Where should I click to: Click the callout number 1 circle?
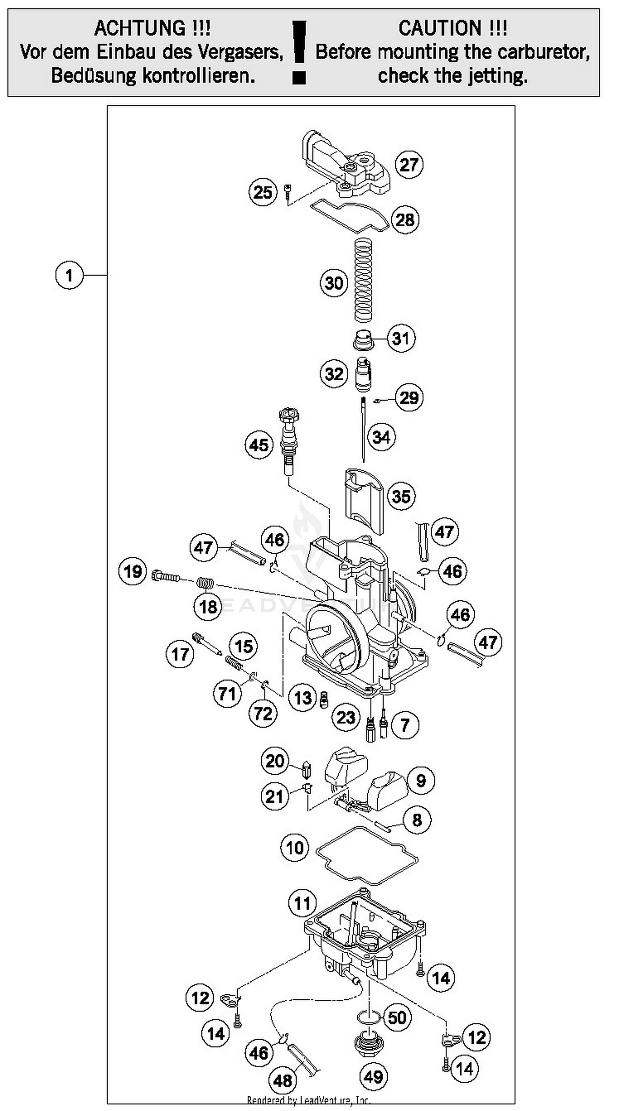coord(69,275)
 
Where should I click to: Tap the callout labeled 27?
coord(409,164)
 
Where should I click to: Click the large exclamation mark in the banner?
coord(299,52)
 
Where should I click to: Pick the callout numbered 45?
coord(259,445)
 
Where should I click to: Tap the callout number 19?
coord(132,571)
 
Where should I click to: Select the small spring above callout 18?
coord(206,583)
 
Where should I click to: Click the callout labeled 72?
coord(263,713)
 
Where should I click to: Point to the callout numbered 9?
coord(421,780)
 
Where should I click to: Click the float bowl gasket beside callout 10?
coord(367,856)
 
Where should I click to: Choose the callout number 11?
coord(302,903)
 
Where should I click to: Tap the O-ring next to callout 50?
coord(369,1018)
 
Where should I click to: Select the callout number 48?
coord(283,1080)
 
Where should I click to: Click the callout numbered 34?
coord(381,437)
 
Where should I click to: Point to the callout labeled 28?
coord(405,220)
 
